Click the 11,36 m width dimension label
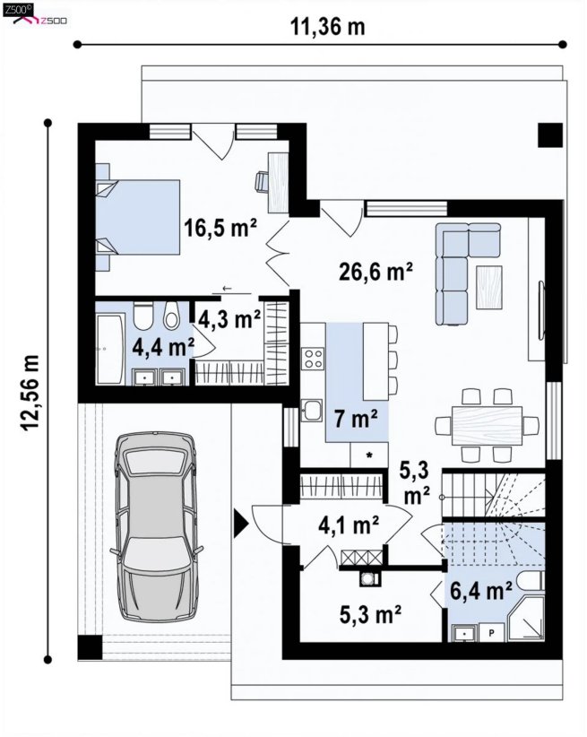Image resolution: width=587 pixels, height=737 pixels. [328, 27]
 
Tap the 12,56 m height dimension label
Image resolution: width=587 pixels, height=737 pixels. [30, 393]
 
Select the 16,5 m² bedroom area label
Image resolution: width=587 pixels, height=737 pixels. [220, 228]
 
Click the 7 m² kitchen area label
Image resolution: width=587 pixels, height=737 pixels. [356, 419]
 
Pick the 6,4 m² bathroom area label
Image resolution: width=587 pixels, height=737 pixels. [480, 590]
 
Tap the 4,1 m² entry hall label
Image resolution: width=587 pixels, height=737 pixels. [349, 525]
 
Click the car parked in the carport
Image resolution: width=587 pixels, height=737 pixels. [157, 526]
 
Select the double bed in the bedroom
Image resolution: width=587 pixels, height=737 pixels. [138, 217]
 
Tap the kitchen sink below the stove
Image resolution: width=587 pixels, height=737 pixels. [312, 411]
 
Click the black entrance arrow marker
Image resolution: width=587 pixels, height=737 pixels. [241, 525]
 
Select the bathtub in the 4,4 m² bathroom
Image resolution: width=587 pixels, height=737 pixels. [110, 350]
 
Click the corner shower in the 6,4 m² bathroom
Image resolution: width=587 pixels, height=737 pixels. [526, 618]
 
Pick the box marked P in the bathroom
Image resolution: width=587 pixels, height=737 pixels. [491, 633]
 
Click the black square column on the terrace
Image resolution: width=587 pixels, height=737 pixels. [550, 135]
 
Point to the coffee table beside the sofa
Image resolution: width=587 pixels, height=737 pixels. [488, 287]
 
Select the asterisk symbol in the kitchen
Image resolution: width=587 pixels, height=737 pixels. [369, 455]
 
